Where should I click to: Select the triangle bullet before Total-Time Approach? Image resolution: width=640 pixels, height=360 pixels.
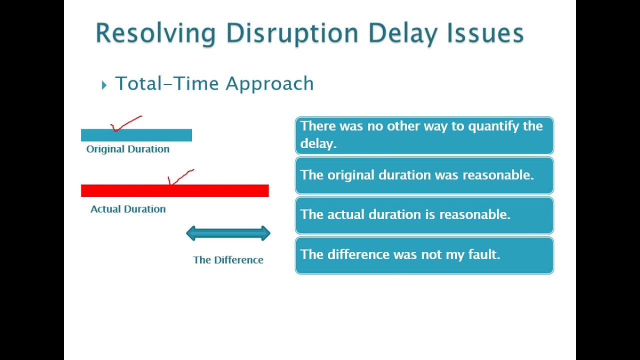click(x=104, y=85)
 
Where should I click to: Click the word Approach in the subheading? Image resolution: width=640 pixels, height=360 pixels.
click(x=269, y=84)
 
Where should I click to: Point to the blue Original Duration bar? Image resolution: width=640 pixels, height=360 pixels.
click(x=136, y=135)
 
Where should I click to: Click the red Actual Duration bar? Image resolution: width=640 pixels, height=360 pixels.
click(x=174, y=190)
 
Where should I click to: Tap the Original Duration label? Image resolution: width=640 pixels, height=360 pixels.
click(x=127, y=149)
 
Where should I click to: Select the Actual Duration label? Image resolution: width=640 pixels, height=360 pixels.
click(x=127, y=209)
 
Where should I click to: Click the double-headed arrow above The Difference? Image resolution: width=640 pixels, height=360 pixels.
click(x=228, y=233)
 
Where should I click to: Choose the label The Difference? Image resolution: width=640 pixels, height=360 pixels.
click(x=228, y=260)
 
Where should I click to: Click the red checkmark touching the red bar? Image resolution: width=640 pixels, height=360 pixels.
click(x=179, y=177)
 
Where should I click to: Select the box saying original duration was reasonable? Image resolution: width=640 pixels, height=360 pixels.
click(x=424, y=175)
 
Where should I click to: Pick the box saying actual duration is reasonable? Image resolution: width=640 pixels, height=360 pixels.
click(x=424, y=215)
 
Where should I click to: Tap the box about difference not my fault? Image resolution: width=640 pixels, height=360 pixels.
click(x=424, y=255)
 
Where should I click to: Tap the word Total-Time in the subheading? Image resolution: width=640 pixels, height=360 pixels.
click(x=168, y=83)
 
